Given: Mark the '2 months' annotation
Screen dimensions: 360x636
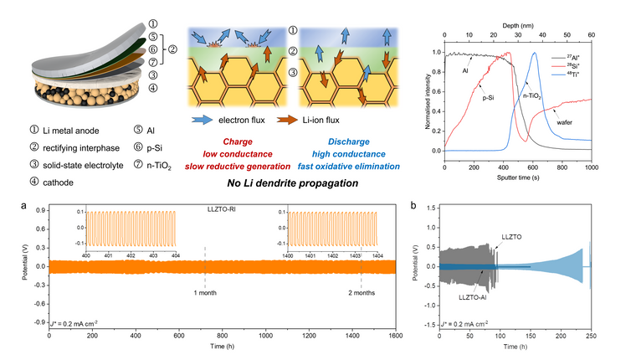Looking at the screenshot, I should click(362, 292).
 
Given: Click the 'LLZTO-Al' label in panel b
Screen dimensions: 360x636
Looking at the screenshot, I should click(474, 297).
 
